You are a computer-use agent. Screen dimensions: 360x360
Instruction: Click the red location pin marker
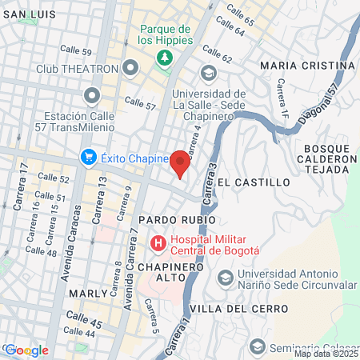(x=180, y=162)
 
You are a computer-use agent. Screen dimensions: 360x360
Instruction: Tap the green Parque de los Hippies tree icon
(x=164, y=58)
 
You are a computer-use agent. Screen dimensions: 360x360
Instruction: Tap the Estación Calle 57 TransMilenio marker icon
(x=90, y=98)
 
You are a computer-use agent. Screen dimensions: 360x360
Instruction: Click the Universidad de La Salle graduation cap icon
(x=210, y=74)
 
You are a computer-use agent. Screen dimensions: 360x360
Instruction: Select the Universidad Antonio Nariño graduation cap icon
(x=226, y=278)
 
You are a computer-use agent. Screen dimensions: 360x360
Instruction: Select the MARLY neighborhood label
(x=88, y=294)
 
